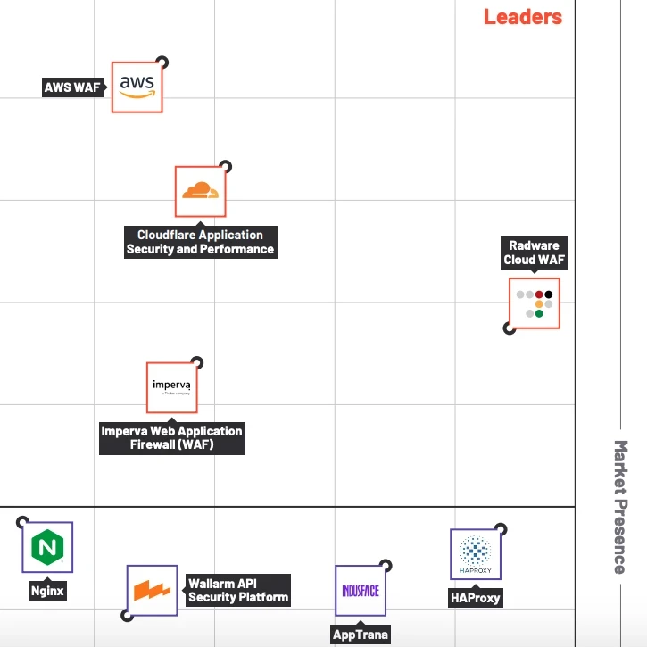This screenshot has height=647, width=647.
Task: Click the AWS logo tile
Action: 137,87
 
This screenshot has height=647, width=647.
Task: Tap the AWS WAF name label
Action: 72,87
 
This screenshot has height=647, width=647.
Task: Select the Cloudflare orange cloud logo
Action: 200,191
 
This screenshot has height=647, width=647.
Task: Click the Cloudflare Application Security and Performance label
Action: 200,243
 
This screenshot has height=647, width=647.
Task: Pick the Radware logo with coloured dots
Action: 534,303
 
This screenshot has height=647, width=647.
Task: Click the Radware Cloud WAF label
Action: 534,253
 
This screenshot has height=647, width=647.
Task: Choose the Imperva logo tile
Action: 171,387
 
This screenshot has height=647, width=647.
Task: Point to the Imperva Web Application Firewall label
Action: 171,437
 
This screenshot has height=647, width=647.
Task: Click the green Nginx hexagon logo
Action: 47,547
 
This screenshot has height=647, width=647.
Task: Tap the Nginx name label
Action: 47,591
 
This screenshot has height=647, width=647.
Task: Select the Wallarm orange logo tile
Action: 152,590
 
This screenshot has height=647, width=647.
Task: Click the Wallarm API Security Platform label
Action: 237,591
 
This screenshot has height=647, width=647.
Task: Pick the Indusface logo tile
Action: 361,590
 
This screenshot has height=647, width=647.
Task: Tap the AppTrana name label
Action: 361,635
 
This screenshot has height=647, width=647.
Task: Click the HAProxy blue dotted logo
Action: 475,553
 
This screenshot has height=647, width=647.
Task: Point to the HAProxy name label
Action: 475,598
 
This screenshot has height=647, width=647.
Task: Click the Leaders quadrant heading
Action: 523,16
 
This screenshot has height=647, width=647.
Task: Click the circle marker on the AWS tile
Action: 162,62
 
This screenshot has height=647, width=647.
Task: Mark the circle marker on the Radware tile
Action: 510,328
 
